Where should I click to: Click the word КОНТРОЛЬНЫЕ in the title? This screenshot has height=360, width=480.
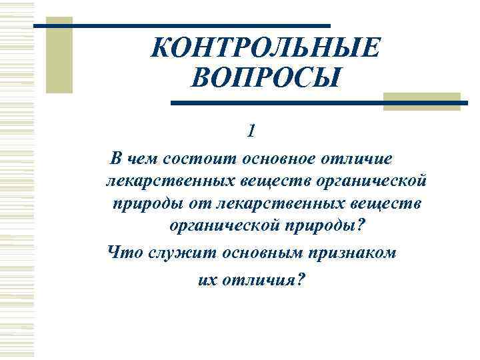(x=266, y=49)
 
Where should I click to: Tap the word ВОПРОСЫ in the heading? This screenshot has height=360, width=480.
(x=265, y=80)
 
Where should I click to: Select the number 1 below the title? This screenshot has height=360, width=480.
(x=251, y=131)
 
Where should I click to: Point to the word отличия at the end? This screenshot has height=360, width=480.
(x=263, y=280)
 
